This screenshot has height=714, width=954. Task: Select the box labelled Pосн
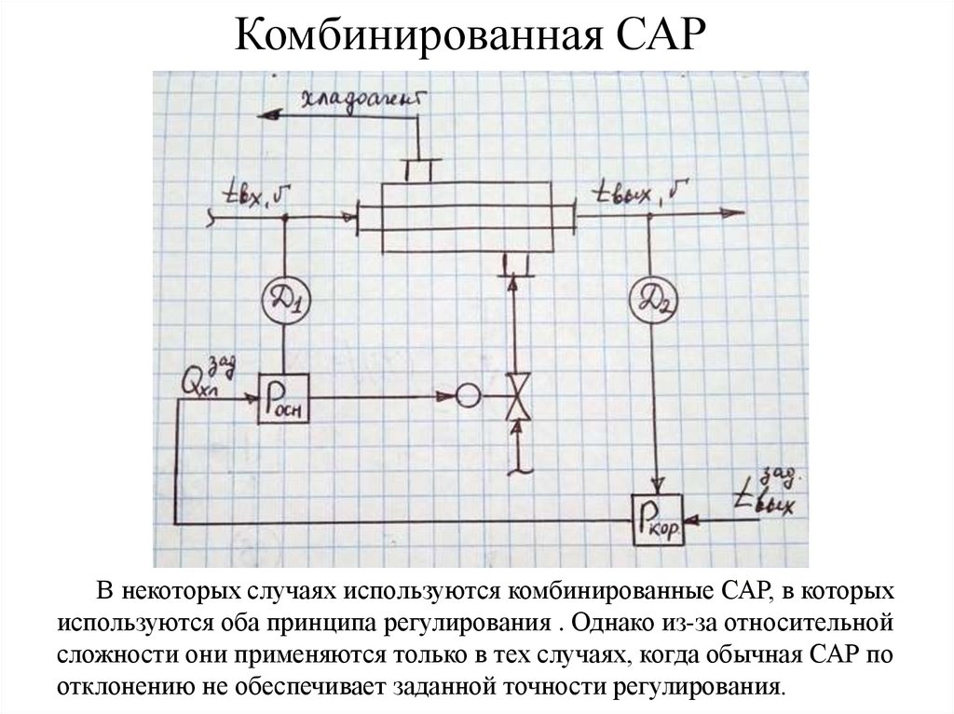284,397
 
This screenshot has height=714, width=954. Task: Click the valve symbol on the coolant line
513,397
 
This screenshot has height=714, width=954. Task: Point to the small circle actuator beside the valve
468,397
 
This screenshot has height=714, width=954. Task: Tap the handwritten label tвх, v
253,196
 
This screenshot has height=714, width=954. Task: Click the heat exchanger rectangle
466,215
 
